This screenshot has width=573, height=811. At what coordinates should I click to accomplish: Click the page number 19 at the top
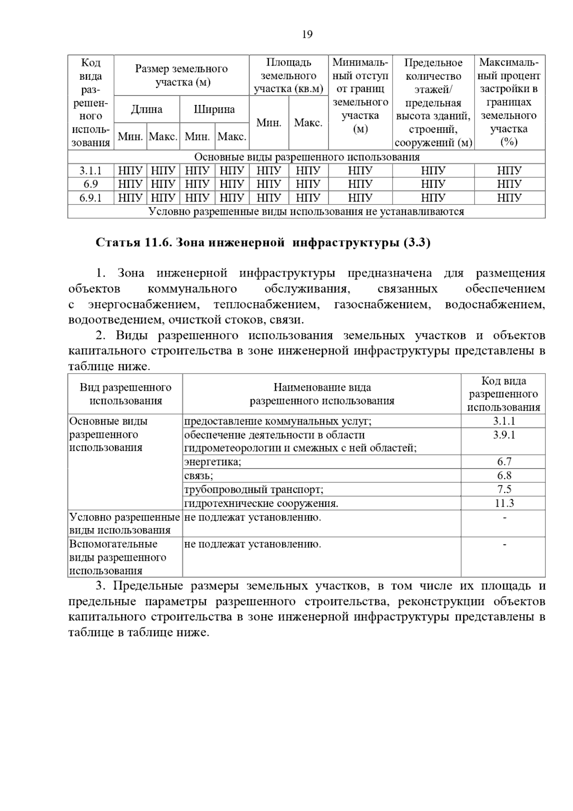pyautogui.click(x=307, y=34)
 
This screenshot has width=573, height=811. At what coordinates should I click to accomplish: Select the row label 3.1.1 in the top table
pyautogui.click(x=90, y=171)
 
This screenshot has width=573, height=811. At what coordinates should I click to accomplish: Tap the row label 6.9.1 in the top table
pyautogui.click(x=90, y=198)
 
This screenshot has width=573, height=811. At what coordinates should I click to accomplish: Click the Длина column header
pyautogui.click(x=147, y=109)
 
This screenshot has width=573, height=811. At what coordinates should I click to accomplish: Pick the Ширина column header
pyautogui.click(x=214, y=109)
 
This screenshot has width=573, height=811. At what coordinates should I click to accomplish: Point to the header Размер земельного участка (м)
pyautogui.click(x=181, y=75)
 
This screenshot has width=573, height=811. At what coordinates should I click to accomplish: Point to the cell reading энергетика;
pyautogui.click(x=213, y=462)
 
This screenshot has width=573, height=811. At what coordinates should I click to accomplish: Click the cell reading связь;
pyautogui.click(x=199, y=476)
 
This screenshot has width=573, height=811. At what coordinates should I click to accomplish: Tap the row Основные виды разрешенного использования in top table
pyautogui.click(x=307, y=157)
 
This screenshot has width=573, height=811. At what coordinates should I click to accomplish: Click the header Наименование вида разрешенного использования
pyautogui.click(x=322, y=394)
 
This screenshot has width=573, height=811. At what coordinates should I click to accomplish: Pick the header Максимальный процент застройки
pyautogui.click(x=509, y=102)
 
